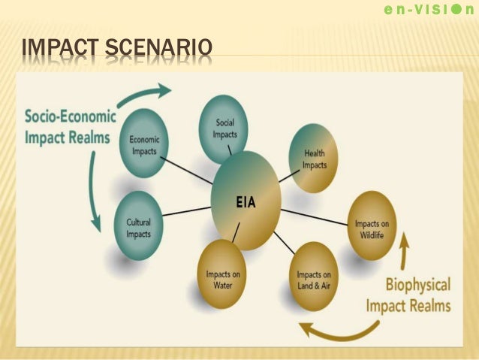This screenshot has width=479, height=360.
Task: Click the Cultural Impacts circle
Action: pyautogui.click(x=138, y=225)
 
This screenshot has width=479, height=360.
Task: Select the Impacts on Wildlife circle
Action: pyautogui.click(x=372, y=225)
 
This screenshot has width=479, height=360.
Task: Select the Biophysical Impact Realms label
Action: pyautogui.click(x=408, y=295)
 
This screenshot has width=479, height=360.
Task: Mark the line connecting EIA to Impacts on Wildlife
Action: pyautogui.click(x=315, y=213)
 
